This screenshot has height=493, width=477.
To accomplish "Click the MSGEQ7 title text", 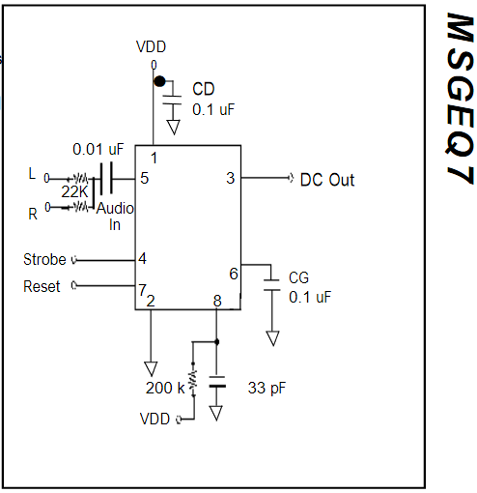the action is point(460,99).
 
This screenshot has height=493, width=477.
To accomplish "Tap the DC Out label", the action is point(327,180).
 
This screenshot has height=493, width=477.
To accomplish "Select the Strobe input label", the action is point(44,259).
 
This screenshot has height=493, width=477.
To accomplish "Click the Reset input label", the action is point(42,286).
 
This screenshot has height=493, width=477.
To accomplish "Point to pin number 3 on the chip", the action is point(231,178).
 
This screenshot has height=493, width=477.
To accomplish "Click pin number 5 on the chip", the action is point(145,178).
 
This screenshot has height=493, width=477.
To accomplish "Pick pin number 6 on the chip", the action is point(234,274).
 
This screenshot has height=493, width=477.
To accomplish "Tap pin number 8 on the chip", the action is point(217,301).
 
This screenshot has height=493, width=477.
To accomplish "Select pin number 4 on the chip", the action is point(142,258).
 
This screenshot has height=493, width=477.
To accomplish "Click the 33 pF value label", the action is point(267,388).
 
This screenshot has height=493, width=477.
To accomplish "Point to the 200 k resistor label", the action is point(165,388).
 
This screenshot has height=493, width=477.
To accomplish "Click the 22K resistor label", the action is point(74,192).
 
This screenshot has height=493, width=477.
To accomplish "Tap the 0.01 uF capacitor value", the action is point(98,149).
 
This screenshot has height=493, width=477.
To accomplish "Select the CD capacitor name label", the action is point(204,89).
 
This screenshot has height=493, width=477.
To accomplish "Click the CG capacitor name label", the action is point(298,277).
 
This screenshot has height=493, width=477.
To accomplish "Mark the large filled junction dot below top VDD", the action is point(159,81).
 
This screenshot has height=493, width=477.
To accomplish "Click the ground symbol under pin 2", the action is point(151,368).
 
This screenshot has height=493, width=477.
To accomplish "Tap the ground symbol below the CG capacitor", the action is point(272,338).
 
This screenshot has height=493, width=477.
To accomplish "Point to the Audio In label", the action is point(115,217).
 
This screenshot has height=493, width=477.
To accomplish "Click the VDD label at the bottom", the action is point(154,419).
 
